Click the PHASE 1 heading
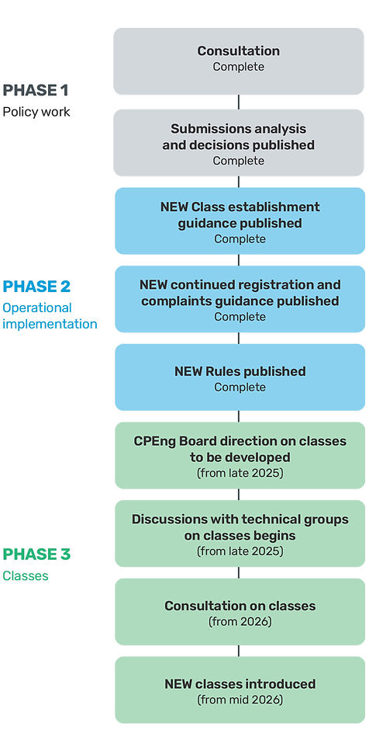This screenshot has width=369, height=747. pos(36,90)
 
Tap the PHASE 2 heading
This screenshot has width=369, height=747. pos(36,287)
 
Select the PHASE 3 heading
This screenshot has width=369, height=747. pos(36,554)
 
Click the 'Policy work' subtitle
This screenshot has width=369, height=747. pos(36,112)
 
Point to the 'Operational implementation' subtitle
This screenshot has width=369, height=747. pos(50,316)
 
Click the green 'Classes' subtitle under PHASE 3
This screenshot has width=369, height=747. pos(26,576)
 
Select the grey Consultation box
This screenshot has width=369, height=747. pos(239,61)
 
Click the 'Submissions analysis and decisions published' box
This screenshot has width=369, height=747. pos(239,143)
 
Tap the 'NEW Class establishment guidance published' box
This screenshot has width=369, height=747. pos(240,221)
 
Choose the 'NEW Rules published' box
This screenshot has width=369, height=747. pos(240,377)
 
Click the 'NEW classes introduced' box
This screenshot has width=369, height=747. pos(240,690)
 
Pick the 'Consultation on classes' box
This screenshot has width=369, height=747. pos(240,612)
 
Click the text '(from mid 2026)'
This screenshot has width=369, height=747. pos(240,700)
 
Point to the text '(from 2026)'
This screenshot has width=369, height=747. pos(240,622)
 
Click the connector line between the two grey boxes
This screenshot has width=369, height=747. pos(239,102)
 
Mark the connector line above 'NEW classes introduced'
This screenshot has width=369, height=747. pos(239,651)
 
